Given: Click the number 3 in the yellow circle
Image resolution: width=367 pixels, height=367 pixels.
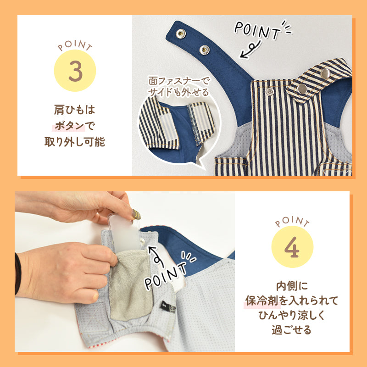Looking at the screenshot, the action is [75, 71].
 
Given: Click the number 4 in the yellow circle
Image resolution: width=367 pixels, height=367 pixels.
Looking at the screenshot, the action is [292, 247].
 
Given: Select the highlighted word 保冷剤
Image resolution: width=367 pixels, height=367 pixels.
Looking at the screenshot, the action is [262, 300].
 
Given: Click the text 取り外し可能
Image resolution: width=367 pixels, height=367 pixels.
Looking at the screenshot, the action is [75, 142].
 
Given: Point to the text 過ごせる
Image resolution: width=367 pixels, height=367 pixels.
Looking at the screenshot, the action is [292, 330].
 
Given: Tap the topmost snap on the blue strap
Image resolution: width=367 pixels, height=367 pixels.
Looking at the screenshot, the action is [181, 33].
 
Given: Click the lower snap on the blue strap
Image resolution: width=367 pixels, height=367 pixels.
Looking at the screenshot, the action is [204, 50].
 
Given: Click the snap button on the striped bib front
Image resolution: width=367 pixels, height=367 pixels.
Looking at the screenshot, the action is [270, 91].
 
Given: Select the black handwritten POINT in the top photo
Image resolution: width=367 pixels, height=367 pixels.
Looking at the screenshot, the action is [257, 30].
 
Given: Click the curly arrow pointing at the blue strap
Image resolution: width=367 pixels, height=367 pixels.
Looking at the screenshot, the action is [250, 50].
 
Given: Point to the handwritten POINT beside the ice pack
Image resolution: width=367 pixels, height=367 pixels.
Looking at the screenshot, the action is [166, 276].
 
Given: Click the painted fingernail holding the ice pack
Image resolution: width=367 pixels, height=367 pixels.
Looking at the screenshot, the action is [136, 214].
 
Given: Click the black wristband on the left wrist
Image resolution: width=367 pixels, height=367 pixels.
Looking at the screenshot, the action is [18, 273].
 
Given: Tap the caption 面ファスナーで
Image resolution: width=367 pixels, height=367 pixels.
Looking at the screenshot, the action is [178, 81].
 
